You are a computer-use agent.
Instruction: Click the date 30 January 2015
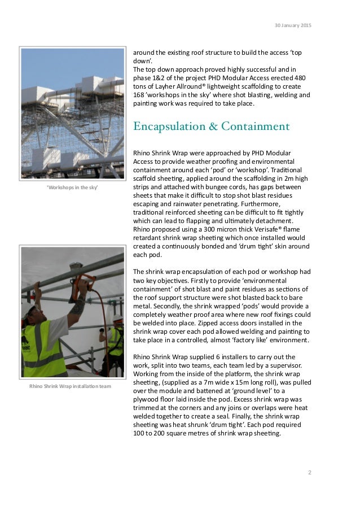point(292,25)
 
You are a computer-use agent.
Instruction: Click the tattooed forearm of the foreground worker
point(80,306)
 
